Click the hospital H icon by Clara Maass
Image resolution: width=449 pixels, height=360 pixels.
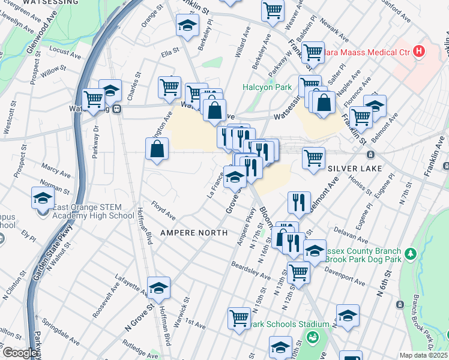tap(419, 52)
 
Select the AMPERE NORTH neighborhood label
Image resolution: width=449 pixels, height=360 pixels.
tap(193, 232)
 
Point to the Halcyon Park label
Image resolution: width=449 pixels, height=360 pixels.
tap(267, 87)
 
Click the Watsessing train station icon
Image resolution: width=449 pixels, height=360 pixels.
tap(118, 110)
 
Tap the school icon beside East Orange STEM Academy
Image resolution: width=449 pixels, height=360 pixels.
tap(43, 198)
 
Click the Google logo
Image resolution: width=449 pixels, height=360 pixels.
tap(20, 353)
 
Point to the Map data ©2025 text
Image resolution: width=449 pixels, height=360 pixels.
tap(424, 355)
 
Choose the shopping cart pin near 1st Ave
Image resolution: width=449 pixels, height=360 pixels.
tap(239, 317)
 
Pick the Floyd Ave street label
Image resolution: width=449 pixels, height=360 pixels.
tap(163, 211)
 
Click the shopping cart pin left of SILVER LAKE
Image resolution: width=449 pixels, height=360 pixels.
tap(313, 158)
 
